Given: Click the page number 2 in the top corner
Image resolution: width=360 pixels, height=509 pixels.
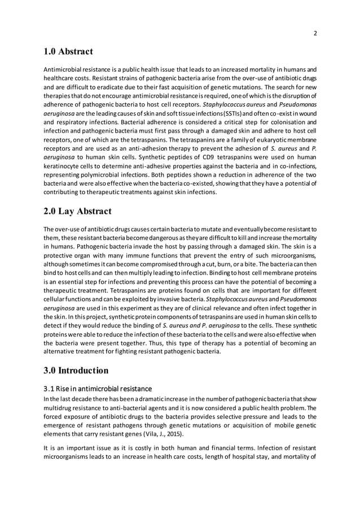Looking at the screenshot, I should (315, 33).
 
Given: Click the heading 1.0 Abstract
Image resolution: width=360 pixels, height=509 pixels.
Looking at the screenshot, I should (68, 52).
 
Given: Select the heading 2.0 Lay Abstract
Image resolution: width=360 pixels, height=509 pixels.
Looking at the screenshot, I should (77, 212).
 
